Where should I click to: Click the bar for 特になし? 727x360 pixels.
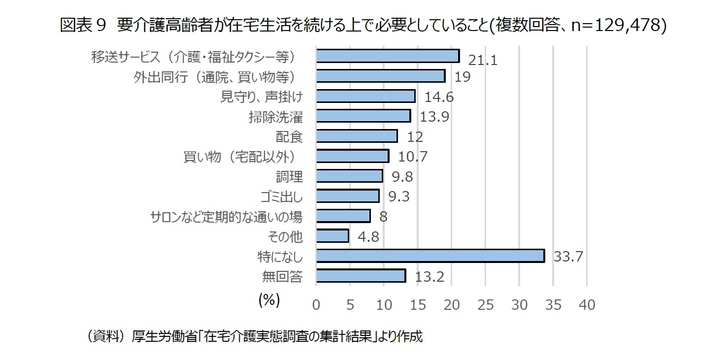(430, 256)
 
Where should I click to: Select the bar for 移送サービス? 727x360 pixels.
(388, 56)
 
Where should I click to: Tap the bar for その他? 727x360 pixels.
(332, 236)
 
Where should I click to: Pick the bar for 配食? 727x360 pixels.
(357, 136)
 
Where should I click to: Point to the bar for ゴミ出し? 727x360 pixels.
(348, 196)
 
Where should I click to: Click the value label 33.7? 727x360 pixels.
(568, 257)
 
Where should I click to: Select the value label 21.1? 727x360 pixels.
(483, 60)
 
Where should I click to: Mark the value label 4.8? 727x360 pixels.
(368, 237)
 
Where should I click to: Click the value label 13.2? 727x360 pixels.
(430, 277)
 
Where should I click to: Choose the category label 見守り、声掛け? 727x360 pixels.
(261, 97)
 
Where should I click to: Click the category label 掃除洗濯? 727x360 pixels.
(276, 117)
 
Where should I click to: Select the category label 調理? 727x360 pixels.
(289, 176)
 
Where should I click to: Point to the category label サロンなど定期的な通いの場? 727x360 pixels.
(226, 217)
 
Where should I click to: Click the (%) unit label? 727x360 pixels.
(269, 300)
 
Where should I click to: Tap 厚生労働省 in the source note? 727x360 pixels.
(161, 337)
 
